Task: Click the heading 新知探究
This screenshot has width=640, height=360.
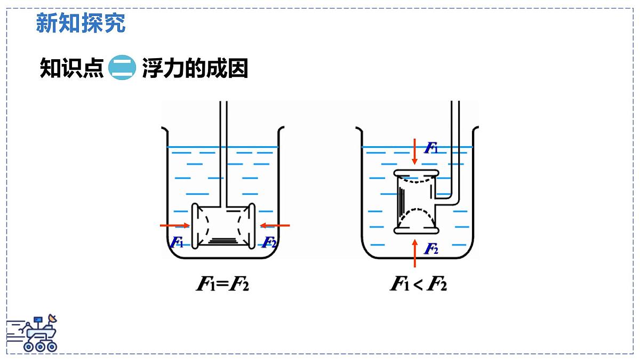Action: pos(81,23)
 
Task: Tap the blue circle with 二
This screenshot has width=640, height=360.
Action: pos(122,67)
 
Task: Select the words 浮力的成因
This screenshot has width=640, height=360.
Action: pos(195,68)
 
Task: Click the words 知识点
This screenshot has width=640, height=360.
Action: pos(71,68)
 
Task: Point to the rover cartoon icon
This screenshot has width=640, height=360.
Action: pos(32,333)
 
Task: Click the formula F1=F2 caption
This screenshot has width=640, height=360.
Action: pos(222,284)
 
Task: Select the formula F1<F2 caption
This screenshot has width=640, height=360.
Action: pos(418,284)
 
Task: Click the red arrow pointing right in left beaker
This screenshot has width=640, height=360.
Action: pos(174,226)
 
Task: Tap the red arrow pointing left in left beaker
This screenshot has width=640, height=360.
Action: pos(275,226)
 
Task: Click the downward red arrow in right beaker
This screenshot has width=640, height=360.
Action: pos(415,151)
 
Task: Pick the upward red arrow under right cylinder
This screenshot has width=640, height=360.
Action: pos(415,253)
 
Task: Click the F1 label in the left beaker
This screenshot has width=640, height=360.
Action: pos(177,242)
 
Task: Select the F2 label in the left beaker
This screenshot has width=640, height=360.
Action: pos(269,242)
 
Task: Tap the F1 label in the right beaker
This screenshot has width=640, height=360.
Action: pos(431,148)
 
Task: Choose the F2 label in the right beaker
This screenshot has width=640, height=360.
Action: pos(431,249)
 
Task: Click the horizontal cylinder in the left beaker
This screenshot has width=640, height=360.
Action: pos(223,226)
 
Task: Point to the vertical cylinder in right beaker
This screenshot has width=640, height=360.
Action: pos(417,202)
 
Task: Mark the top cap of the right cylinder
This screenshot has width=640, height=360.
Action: pos(417,173)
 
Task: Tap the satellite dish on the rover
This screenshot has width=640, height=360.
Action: pos(53,318)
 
